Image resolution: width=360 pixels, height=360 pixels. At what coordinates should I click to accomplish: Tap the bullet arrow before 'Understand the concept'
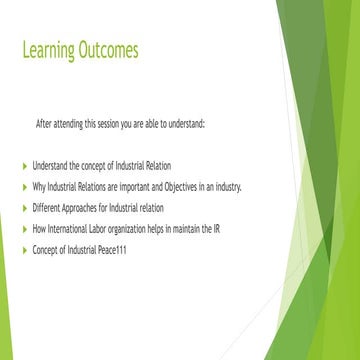(x=25, y=163)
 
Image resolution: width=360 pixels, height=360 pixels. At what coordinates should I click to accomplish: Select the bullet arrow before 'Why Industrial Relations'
(x=25, y=187)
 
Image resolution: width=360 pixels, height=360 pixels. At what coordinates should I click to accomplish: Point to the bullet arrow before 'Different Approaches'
(x=25, y=209)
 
